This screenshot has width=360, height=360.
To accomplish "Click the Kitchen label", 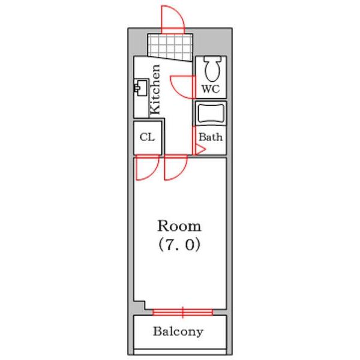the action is [155, 89].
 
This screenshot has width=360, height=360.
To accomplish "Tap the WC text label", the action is [211, 89].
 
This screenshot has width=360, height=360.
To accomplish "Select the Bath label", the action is [211, 137].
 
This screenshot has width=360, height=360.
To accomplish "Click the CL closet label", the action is [147, 137].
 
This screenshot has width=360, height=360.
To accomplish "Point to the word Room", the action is [179, 226].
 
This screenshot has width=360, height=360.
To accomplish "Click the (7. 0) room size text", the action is [179, 245].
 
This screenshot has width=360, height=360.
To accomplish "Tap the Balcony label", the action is [178, 331].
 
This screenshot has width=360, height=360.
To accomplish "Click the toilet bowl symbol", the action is [212, 69].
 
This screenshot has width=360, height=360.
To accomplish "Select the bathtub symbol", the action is [211, 113].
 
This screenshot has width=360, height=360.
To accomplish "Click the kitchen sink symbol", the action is [141, 87].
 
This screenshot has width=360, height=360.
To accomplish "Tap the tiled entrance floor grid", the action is [170, 47].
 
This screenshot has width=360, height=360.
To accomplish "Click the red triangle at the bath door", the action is [199, 149].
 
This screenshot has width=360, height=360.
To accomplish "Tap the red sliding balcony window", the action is [183, 312].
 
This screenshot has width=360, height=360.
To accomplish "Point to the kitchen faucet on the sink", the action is [137, 88].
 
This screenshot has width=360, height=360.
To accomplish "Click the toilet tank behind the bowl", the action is [212, 59].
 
